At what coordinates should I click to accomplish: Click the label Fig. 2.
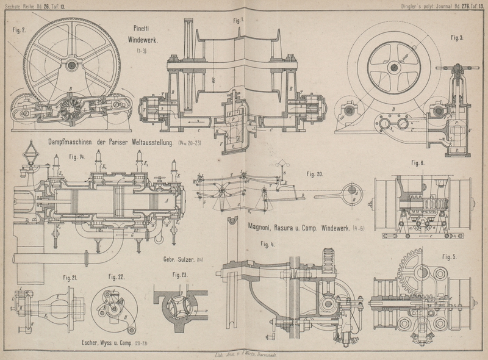pos(19,29)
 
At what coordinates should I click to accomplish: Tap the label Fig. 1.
pos(237,19)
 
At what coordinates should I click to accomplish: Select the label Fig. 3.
pos(457,38)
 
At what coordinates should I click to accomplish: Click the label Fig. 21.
pos(70,277)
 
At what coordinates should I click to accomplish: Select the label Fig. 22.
pos(117,276)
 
